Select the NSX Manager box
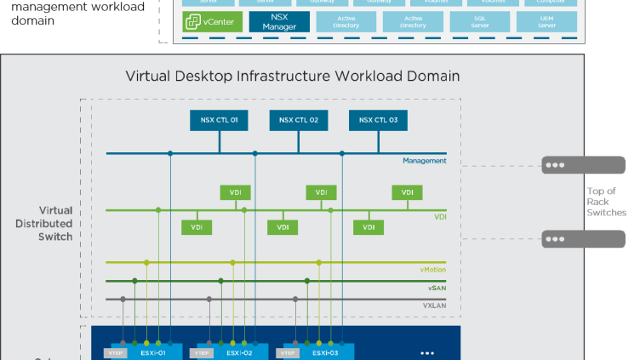pos(279,21)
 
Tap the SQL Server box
pos(480,21)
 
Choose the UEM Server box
pos(546,21)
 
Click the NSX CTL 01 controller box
pos(219,120)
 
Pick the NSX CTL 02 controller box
pos(299,120)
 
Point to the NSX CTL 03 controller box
pos(379,120)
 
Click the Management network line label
pos(425,161)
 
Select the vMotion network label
pos(432,270)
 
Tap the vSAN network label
pos(437,288)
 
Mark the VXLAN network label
pos(434,304)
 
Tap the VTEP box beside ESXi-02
pos(202,352)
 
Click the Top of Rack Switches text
pos(606,202)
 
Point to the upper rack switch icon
pos(571,165)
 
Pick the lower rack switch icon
pos(571,239)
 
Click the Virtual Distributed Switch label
pos(55,223)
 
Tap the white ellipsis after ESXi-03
pos(427,352)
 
